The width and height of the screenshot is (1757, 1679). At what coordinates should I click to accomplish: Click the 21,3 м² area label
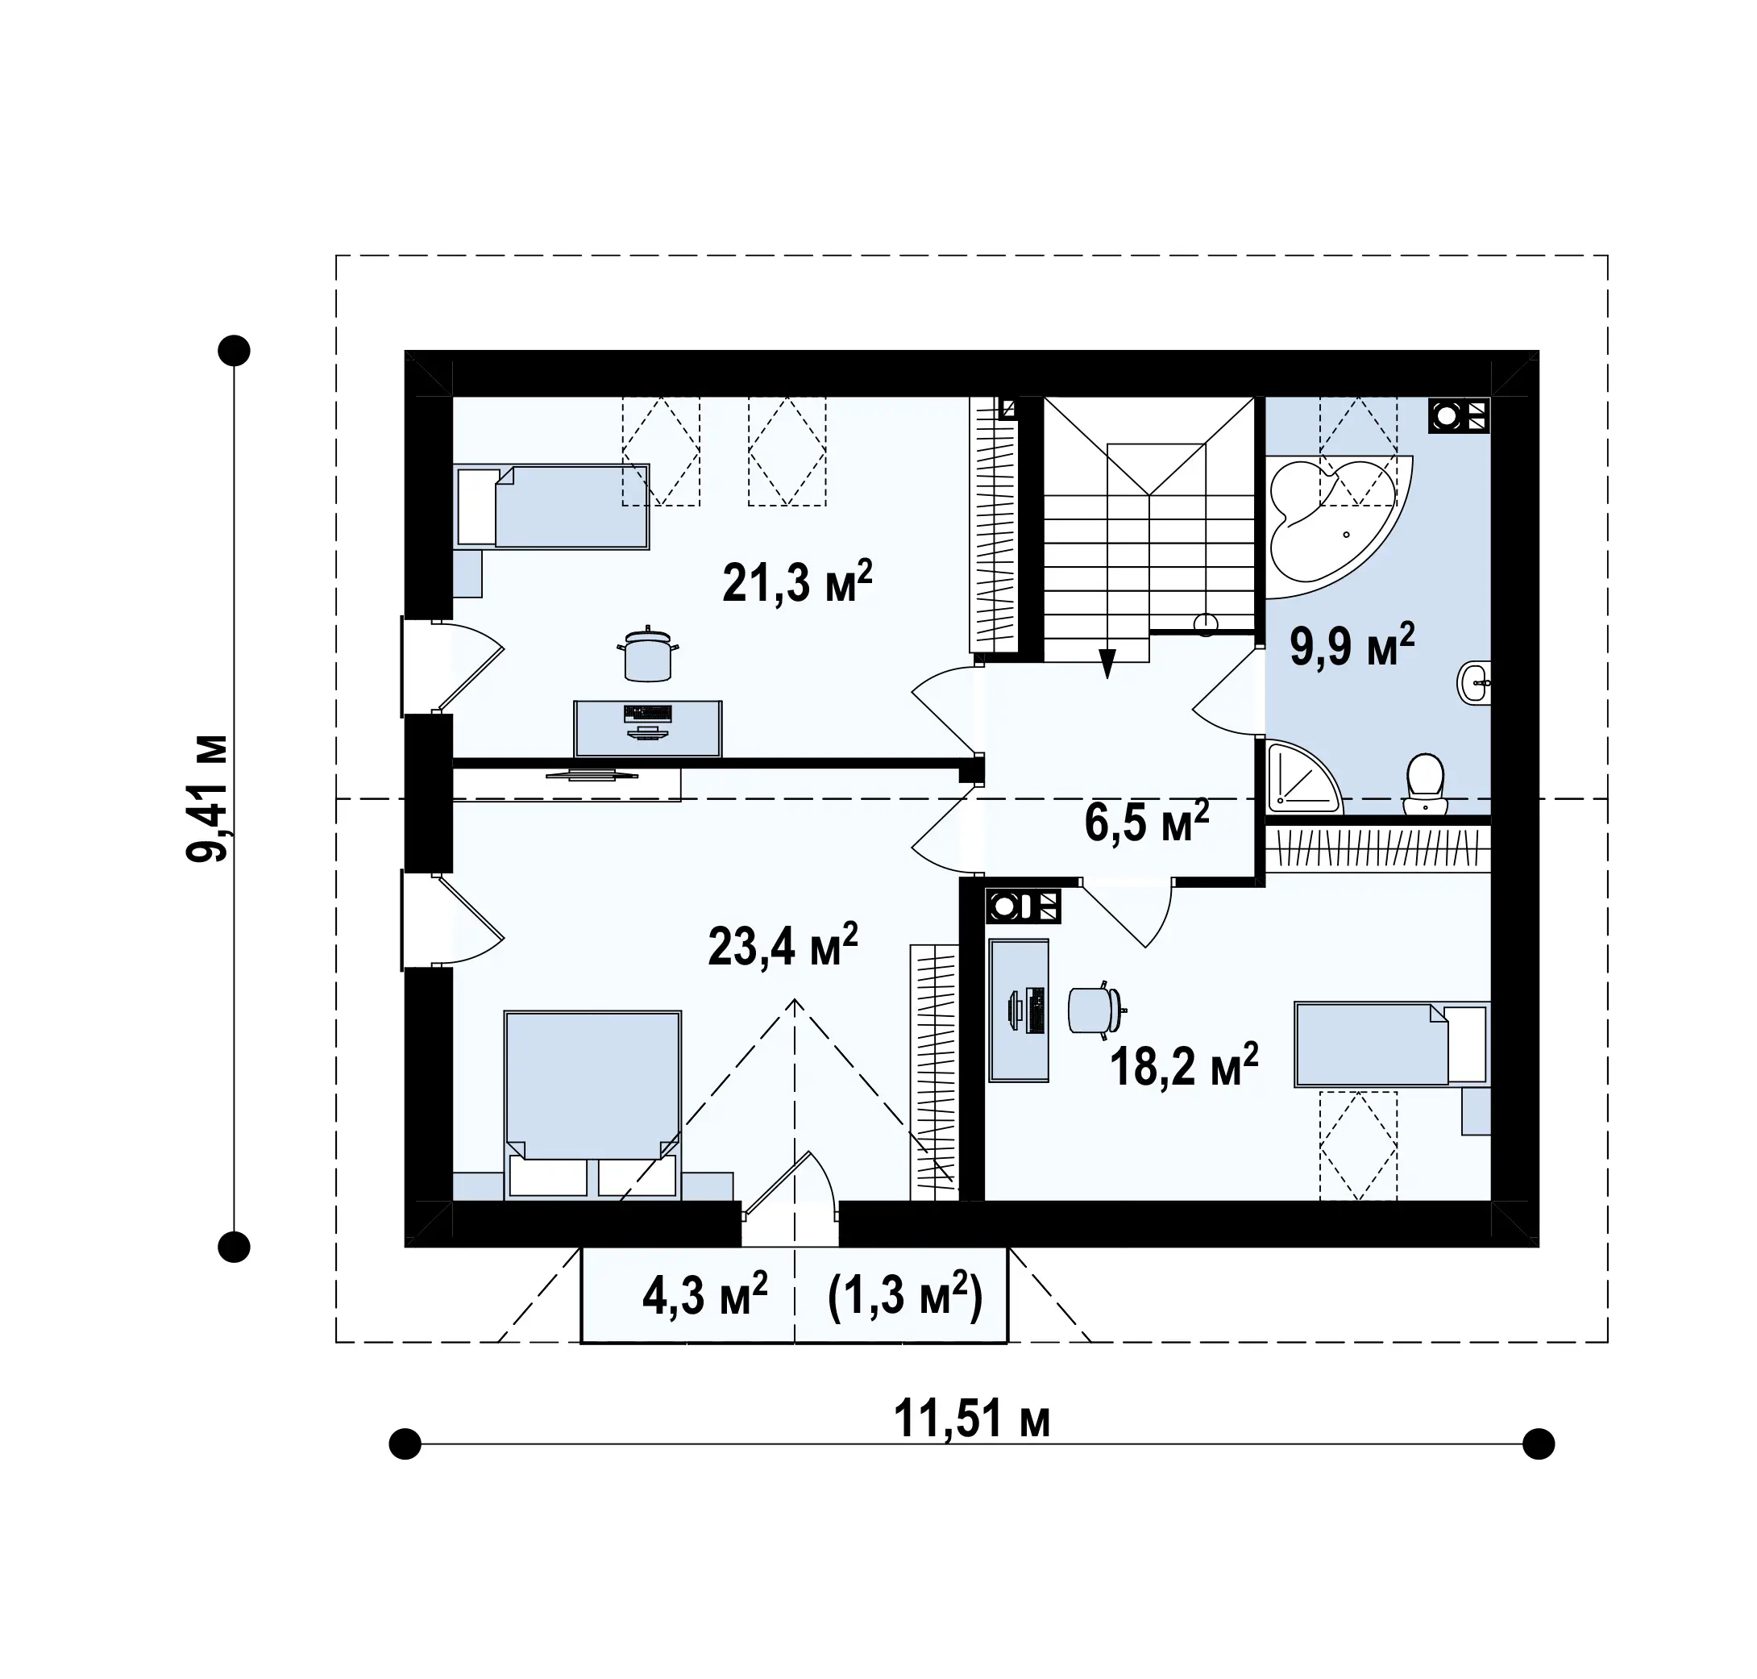point(796,582)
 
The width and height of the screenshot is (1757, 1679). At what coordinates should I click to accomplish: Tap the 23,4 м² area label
point(783,945)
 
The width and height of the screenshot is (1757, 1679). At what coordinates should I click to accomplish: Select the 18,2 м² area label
point(1184,1064)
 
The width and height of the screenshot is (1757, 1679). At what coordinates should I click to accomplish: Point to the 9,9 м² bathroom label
point(1352,645)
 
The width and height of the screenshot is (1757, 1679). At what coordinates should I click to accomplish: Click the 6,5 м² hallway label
point(1147,822)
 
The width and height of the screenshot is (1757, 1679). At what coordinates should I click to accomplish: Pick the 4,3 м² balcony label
point(705,1296)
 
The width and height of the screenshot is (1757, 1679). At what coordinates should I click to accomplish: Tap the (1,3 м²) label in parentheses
point(905,1296)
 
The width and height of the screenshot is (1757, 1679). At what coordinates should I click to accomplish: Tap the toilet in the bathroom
point(1425,784)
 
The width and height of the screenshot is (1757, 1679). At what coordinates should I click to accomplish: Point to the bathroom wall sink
point(1474,684)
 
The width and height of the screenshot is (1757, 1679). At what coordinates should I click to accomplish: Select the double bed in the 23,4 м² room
point(592,1105)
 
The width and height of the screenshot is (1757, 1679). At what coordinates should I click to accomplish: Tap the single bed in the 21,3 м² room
point(552,506)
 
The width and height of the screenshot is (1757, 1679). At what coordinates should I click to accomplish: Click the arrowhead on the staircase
point(1107,663)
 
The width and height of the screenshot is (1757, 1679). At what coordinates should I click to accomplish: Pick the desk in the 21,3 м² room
point(648,728)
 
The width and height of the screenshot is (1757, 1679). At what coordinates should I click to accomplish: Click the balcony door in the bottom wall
point(791,1198)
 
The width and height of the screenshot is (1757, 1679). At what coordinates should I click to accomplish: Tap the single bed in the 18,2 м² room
point(1392,1044)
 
